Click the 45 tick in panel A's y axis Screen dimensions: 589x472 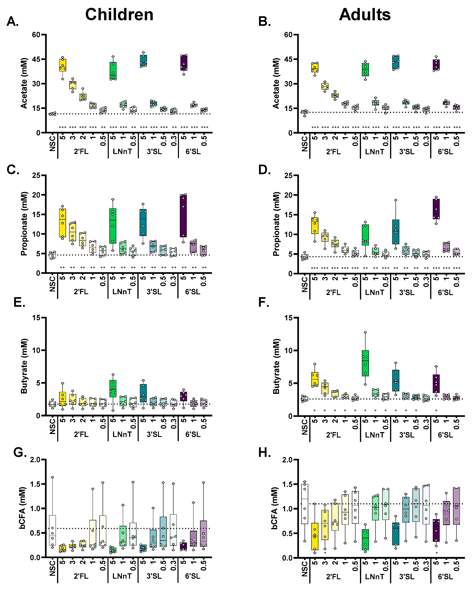(x=36, y=59)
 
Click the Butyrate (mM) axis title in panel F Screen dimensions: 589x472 (x=276, y=367)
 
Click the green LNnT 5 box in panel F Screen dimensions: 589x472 (x=365, y=363)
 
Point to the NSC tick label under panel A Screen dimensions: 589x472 (x=52, y=143)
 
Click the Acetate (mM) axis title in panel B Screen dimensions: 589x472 (x=276, y=83)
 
